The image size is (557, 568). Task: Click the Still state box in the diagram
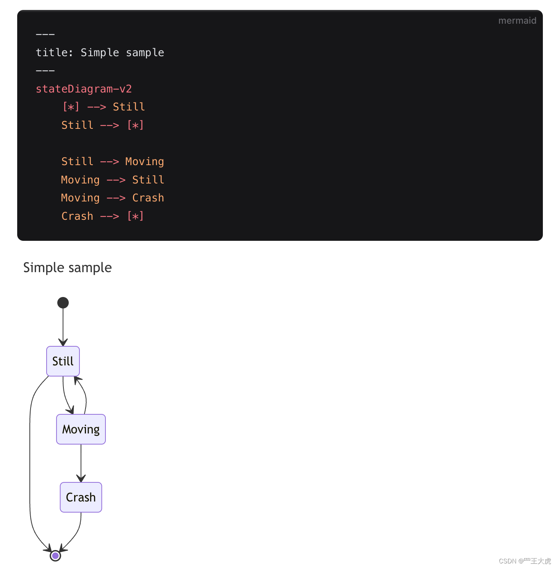(63, 361)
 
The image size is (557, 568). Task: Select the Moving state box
(81, 429)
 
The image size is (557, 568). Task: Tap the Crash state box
(81, 497)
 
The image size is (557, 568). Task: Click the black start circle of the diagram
(63, 303)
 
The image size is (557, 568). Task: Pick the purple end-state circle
(55, 555)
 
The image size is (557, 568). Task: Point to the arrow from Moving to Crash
(81, 463)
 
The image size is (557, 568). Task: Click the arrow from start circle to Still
(63, 325)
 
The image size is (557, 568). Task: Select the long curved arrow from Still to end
(30, 459)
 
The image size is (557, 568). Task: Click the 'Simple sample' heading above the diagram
(68, 268)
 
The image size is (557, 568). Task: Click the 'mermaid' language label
(517, 21)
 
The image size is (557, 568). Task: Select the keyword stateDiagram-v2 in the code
(84, 89)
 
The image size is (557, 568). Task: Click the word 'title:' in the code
(54, 53)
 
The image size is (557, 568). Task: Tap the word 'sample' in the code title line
(145, 53)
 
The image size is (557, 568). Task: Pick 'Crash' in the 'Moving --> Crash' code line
(148, 198)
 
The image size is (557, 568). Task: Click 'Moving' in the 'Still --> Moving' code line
(144, 162)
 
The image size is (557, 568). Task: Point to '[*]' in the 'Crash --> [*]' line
(135, 216)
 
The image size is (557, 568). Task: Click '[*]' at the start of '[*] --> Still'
(71, 107)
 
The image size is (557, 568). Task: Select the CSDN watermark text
(525, 561)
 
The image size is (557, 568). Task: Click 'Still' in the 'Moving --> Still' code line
(148, 180)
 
